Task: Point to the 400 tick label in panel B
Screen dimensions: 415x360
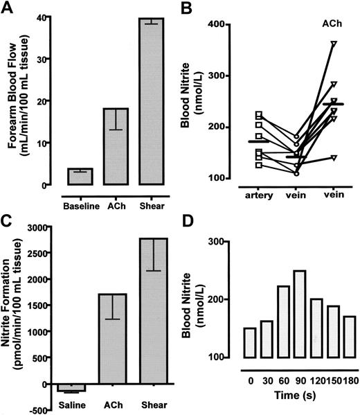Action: [x=221, y=25]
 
